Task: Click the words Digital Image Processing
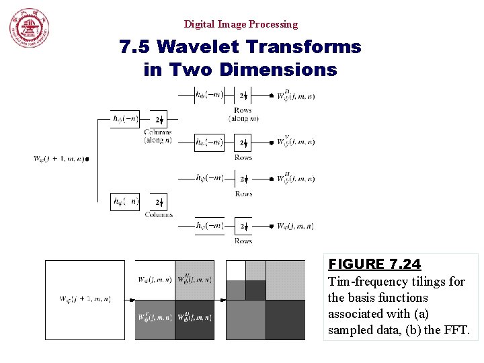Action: click(241, 24)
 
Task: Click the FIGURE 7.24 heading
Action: click(374, 264)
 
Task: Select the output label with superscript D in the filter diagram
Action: click(296, 95)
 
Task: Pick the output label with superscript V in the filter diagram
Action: click(296, 142)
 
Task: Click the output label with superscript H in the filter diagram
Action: click(296, 178)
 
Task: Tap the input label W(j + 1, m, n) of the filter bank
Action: click(60, 159)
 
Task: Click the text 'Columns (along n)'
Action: click(158, 136)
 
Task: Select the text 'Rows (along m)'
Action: click(243, 114)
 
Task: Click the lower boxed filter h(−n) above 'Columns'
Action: click(126, 202)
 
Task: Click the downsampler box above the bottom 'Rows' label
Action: click(243, 227)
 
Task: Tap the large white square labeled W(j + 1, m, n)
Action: click(85, 300)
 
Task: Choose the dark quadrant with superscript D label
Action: click(194, 320)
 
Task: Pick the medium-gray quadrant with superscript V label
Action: click(155, 320)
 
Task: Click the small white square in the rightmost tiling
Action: click(235, 270)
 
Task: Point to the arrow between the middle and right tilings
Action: click(220, 300)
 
